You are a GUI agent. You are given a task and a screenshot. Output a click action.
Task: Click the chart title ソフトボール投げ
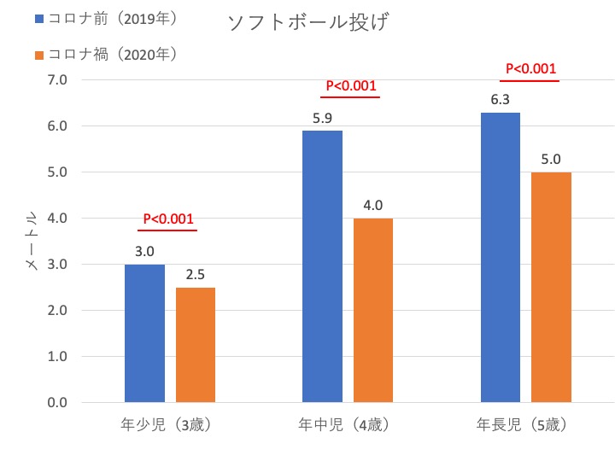tap(307, 23)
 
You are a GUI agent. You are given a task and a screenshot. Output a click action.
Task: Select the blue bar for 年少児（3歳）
tap(144, 333)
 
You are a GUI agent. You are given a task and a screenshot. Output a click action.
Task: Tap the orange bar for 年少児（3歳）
tap(196, 345)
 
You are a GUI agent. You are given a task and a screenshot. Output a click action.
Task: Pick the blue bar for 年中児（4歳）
tap(323, 266)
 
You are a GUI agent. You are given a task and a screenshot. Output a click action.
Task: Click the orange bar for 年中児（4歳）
tap(373, 310)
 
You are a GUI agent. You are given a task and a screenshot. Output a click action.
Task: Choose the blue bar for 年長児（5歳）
tap(501, 257)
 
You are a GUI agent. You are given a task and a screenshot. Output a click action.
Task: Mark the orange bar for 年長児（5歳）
tap(551, 287)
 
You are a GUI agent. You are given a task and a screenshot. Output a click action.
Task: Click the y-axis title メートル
tap(30, 242)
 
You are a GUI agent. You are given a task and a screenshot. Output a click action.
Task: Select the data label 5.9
tap(323, 119)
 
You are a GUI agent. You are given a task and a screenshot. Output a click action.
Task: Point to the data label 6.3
tap(501, 101)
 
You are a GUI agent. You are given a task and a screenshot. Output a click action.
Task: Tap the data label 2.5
tap(196, 276)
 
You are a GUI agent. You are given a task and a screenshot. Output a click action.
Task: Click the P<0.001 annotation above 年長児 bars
tap(530, 69)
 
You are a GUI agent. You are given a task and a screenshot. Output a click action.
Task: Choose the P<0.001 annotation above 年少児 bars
tap(167, 219)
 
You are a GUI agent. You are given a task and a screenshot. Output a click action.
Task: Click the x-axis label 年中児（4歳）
tap(345, 423)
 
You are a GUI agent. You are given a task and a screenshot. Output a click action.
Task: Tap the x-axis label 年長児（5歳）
tap(522, 423)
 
